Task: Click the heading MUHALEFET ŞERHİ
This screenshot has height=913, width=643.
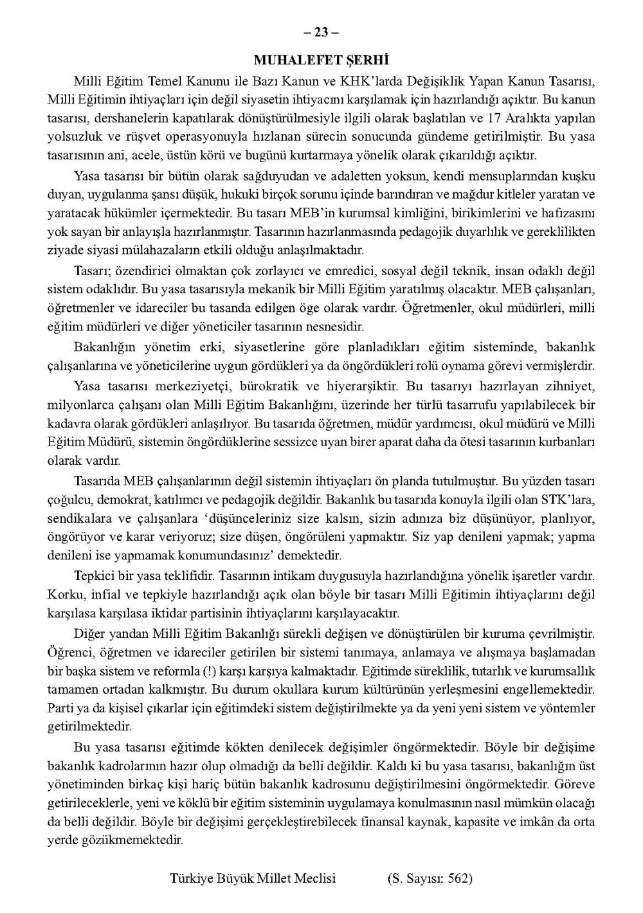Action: coord(322,60)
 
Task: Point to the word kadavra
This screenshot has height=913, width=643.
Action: coord(68,424)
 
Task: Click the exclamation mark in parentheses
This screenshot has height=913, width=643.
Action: coord(226,671)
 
